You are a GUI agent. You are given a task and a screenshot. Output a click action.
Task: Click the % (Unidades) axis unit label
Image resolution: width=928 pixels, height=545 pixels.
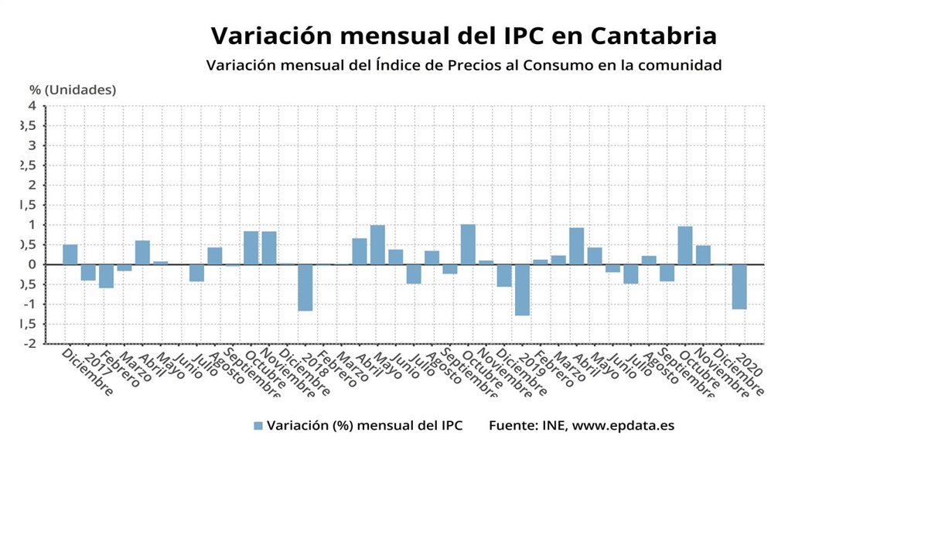[73, 90]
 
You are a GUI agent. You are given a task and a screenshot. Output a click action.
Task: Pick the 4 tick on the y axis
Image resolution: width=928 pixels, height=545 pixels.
[32, 105]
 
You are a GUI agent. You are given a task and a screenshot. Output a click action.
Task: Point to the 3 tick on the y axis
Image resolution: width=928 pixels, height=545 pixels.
[32, 145]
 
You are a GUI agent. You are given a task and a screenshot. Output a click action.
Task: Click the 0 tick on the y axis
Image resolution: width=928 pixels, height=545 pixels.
[32, 264]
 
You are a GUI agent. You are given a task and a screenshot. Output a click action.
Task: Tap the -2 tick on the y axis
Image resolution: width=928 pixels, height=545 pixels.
[30, 343]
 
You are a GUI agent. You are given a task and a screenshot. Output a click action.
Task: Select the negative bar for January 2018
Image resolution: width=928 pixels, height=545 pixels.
[305, 288]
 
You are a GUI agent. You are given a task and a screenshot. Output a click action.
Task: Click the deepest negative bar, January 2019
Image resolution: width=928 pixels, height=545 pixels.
[522, 290]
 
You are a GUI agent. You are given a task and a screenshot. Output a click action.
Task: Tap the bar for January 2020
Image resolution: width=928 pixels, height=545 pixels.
[739, 287]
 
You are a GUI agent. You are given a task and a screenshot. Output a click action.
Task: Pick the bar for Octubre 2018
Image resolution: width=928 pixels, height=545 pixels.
[468, 244]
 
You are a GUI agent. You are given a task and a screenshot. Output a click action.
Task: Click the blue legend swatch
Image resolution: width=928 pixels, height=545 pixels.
[258, 426]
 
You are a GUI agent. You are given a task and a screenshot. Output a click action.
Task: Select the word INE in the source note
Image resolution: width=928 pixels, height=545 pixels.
[554, 426]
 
